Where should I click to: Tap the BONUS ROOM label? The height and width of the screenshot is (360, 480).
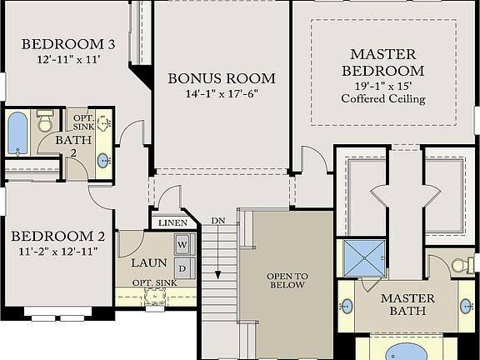pyautogui.click(x=222, y=78)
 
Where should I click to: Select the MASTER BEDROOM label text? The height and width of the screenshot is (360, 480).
pyautogui.click(x=382, y=62)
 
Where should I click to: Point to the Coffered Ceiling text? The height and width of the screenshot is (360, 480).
pyautogui.click(x=382, y=99)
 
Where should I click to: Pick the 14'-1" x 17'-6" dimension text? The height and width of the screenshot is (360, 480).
pyautogui.click(x=222, y=94)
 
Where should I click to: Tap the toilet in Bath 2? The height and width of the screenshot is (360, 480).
pyautogui.click(x=45, y=123)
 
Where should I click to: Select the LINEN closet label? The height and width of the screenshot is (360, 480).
pyautogui.click(x=172, y=222)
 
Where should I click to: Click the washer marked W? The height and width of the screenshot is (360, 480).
pyautogui.click(x=182, y=245)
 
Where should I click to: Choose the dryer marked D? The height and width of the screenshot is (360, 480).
pyautogui.click(x=182, y=267)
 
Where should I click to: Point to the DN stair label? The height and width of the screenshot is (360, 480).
pyautogui.click(x=217, y=219)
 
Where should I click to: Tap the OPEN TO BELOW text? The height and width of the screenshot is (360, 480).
pyautogui.click(x=287, y=280)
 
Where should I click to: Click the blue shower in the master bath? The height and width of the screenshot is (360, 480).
pyautogui.click(x=364, y=258)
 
